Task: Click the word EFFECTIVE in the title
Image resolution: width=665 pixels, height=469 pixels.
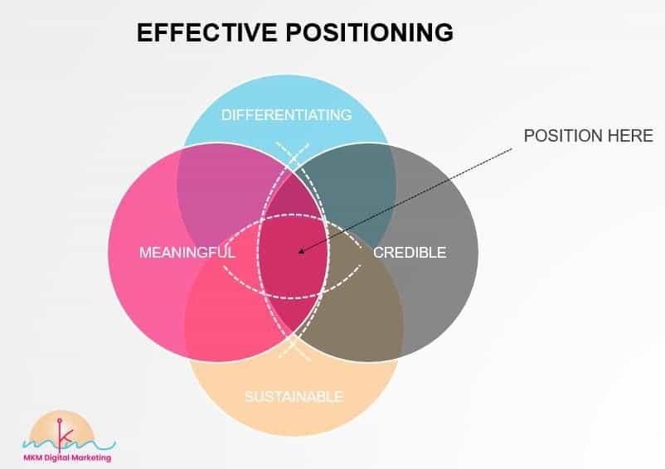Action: [207, 32]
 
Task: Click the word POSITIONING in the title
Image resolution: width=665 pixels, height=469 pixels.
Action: [369, 32]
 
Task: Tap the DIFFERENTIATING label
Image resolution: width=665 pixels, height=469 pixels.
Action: [286, 115]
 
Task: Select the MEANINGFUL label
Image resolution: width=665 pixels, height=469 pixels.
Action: [187, 253]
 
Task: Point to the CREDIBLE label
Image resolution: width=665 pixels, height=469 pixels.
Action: [410, 253]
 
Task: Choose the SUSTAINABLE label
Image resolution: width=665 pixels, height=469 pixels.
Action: [294, 397]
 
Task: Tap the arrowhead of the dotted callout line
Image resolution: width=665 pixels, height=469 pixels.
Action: [301, 251]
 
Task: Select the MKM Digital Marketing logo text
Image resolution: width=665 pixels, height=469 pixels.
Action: [67, 458]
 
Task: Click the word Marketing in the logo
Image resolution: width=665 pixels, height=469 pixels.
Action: [91, 458]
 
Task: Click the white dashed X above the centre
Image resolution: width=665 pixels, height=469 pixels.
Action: [293, 156]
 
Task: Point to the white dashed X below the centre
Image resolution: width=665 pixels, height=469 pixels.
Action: [294, 347]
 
